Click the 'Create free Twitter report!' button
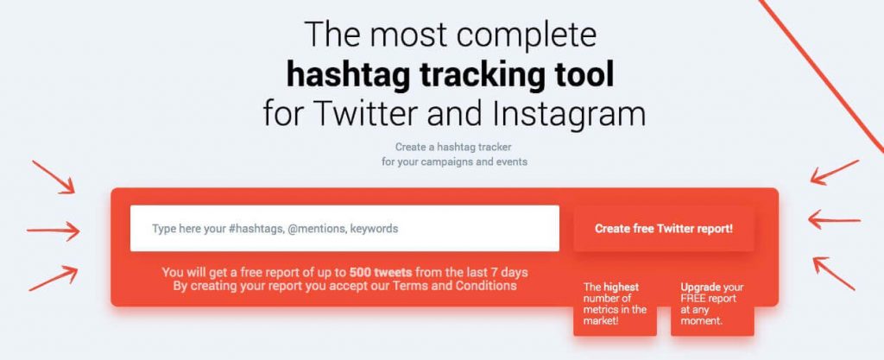(664, 229)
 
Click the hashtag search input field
(344, 228)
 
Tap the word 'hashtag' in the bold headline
(349, 76)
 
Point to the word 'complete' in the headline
(527, 35)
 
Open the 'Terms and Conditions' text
(454, 286)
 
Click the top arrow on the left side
(54, 178)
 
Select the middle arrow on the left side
(53, 231)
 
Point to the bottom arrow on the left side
(53, 278)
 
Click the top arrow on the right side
(835, 173)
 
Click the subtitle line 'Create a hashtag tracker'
(453, 147)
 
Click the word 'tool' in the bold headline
(584, 75)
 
